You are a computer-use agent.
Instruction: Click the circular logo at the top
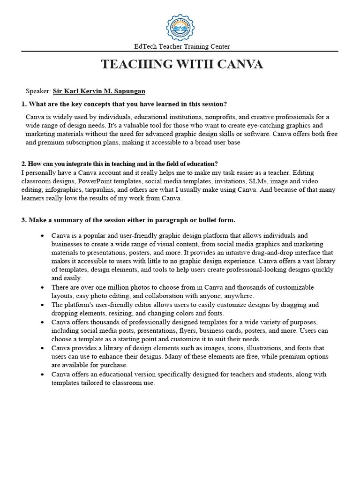(x=180, y=27)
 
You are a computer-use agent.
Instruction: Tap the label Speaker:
(x=37, y=91)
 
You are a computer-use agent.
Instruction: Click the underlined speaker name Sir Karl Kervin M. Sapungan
(x=99, y=91)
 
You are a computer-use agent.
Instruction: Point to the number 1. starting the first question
(x=24, y=104)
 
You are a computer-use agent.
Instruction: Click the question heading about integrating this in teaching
(x=120, y=164)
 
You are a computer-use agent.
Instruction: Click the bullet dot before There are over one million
(x=43, y=287)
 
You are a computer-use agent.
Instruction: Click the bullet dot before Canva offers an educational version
(x=43, y=375)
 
